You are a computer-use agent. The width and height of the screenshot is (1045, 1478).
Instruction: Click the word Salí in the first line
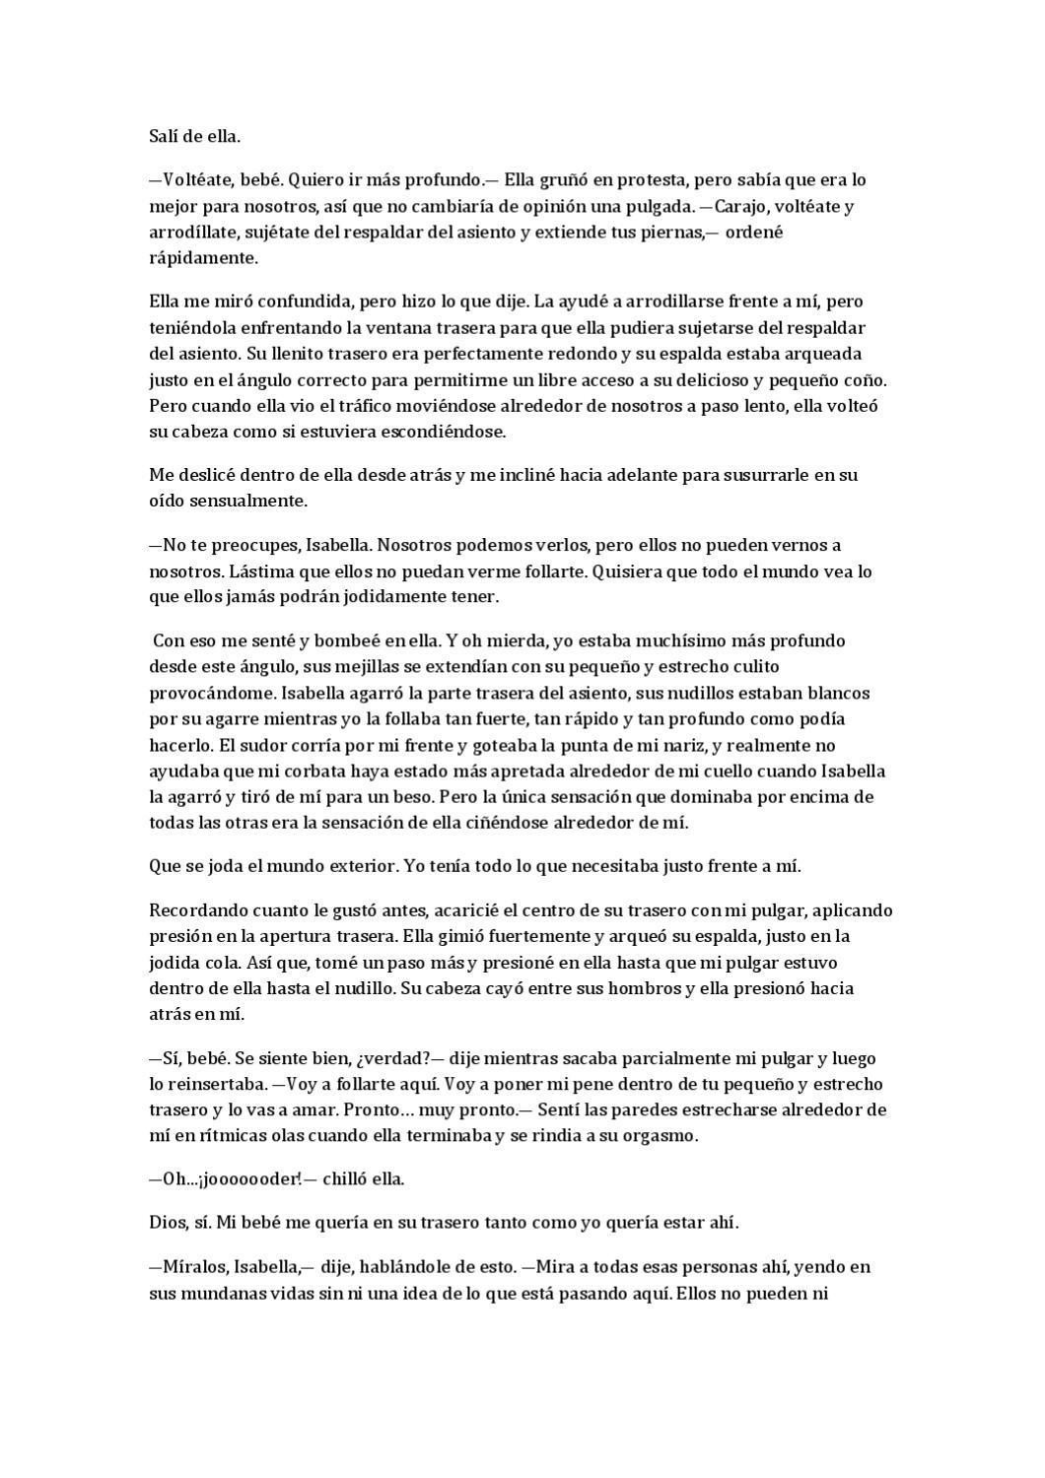[165, 136]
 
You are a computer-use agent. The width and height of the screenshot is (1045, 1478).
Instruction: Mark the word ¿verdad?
[393, 1058]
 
